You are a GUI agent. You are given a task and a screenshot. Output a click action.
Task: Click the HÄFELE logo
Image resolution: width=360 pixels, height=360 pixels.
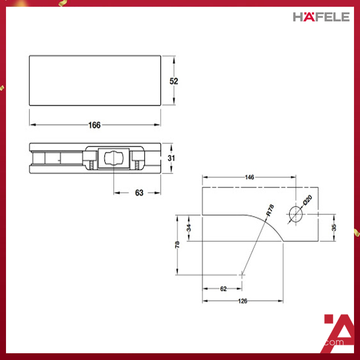321,17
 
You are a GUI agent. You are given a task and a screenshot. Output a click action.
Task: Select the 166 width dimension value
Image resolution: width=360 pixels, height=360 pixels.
94,125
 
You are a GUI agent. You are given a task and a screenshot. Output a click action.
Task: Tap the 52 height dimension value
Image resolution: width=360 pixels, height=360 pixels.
174,81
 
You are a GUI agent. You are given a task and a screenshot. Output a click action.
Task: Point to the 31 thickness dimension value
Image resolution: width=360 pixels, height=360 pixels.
171,158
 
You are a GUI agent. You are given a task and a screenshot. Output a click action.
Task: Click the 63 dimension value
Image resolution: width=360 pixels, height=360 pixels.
139,193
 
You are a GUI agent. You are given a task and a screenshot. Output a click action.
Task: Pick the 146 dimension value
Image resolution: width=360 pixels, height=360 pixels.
249,177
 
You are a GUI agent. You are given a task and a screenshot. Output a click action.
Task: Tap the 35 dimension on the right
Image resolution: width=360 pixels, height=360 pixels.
334,228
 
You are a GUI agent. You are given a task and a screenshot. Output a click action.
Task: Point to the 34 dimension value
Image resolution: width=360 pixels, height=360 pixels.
189,228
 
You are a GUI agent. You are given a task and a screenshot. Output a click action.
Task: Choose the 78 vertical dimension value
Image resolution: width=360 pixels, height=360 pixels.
177,244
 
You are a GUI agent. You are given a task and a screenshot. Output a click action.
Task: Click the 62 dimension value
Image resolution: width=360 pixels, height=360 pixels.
223,289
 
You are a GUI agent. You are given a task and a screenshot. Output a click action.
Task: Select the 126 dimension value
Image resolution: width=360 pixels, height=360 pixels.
243,301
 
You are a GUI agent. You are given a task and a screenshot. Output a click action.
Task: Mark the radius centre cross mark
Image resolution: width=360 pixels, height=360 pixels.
242,275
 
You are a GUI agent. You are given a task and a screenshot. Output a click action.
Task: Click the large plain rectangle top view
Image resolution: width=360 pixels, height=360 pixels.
94,80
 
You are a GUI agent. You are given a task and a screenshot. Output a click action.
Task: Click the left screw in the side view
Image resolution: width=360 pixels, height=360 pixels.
91,165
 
